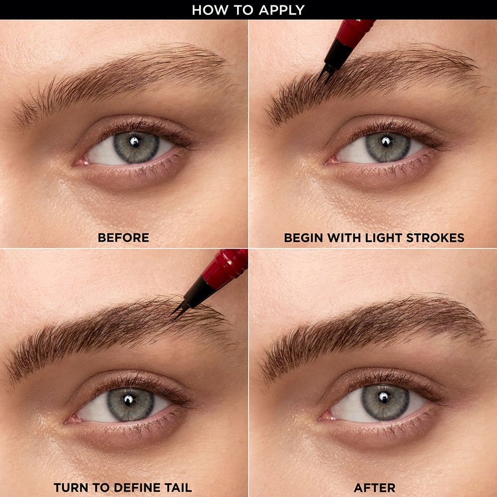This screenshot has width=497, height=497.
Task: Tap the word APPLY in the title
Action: tap(281, 10)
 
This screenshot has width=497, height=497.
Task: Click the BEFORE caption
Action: tap(123, 238)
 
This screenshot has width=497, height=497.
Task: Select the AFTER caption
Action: tap(374, 488)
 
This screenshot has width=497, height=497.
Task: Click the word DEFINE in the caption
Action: tap(130, 488)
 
